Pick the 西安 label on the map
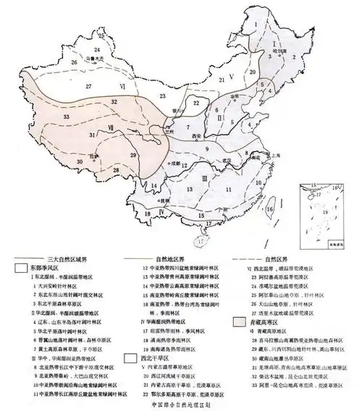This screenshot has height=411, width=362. [x=192, y=135]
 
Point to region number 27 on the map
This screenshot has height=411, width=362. [x=89, y=87]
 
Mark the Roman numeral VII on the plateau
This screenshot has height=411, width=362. [x=110, y=129]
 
